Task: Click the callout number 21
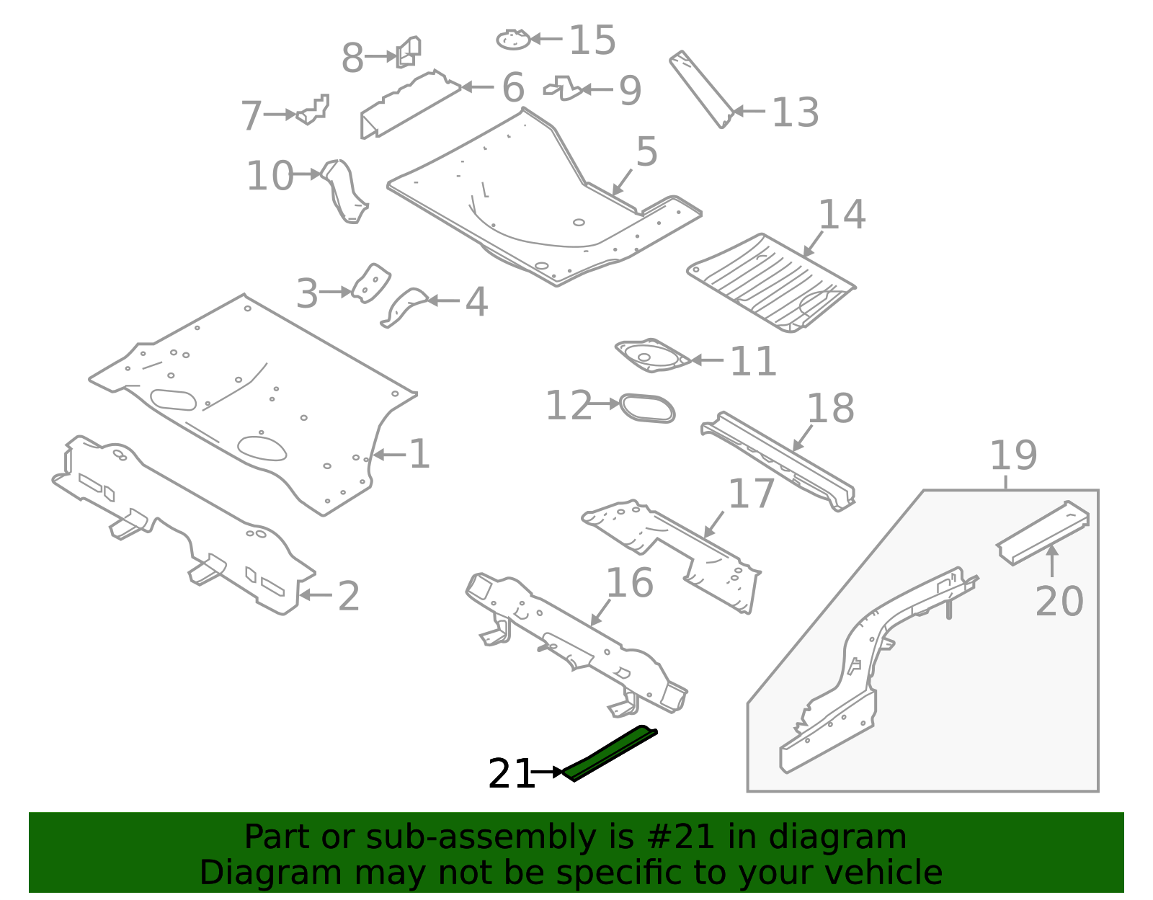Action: click(x=511, y=775)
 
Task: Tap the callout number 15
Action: click(x=592, y=40)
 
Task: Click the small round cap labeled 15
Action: click(x=513, y=40)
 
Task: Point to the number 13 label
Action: click(x=795, y=113)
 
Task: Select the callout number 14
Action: click(x=842, y=215)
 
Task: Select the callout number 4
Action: click(x=476, y=302)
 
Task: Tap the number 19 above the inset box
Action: click(x=1013, y=455)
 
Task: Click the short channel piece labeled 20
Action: click(x=1043, y=533)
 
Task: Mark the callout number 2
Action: click(x=349, y=597)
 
